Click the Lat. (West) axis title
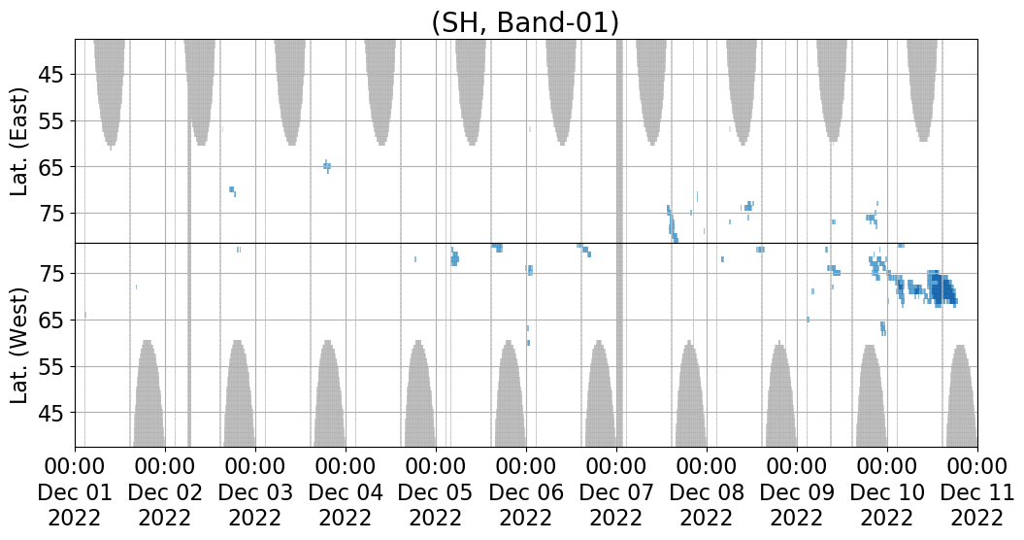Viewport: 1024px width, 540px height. tap(20, 345)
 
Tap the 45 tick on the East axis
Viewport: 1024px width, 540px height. tap(50, 75)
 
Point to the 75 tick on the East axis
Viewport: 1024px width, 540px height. tap(50, 213)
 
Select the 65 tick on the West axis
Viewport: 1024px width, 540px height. tap(50, 321)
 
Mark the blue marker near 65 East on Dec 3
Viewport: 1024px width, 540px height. tap(327, 166)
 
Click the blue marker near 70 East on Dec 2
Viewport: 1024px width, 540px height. tap(232, 189)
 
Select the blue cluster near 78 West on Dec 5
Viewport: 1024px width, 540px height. tap(454, 257)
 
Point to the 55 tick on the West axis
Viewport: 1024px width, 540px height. tap(50, 367)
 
